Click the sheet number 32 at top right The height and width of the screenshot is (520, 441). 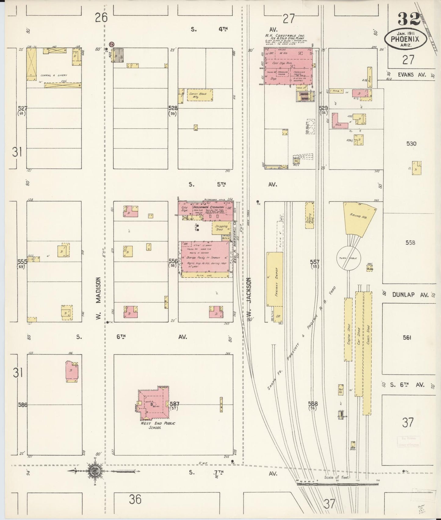(x=409, y=20)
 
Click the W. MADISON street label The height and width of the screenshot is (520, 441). (x=98, y=299)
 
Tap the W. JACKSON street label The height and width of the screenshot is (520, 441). (x=249, y=298)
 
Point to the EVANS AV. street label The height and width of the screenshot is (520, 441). (x=411, y=74)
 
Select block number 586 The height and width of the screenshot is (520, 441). (x=23, y=405)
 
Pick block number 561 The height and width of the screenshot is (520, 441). (x=407, y=337)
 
